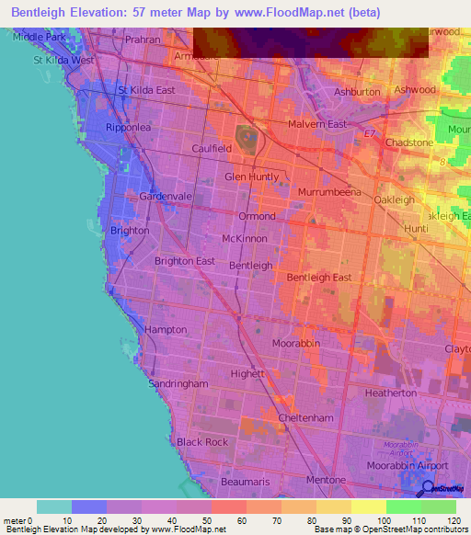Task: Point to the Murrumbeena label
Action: click(328, 192)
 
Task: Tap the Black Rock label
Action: click(202, 442)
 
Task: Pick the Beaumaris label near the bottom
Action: click(247, 481)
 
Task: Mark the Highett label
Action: click(247, 373)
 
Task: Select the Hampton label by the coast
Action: click(166, 329)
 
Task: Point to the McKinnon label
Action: click(245, 238)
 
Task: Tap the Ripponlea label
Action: click(128, 128)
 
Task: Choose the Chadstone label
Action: click(409, 143)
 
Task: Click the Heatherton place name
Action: click(391, 393)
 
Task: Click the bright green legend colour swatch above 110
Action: click(403, 507)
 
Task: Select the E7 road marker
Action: click(370, 135)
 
